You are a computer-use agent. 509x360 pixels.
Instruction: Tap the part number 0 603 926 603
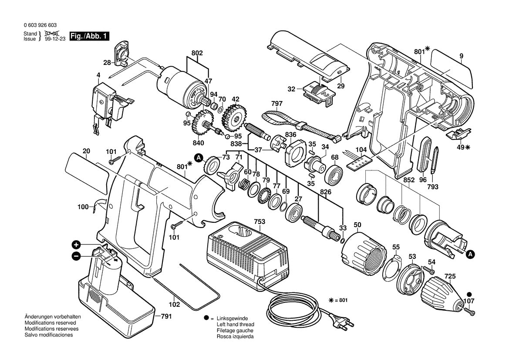coord(40,26)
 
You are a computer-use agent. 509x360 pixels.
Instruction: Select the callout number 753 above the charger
coord(260,222)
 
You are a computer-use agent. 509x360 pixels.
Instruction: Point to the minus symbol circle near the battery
coord(76,256)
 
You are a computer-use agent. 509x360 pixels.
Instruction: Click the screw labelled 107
coord(469,311)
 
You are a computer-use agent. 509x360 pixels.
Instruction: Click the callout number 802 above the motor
coord(197,53)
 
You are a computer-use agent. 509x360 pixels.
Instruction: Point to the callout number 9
coord(461,56)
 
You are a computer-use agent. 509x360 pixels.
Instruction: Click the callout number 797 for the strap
coord(276,104)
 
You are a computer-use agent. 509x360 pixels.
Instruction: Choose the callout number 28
coord(107,63)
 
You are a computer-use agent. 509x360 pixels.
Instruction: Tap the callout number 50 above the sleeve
coord(357,225)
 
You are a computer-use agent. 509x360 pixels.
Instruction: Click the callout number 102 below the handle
coord(174,305)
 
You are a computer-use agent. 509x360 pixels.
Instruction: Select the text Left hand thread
coord(235,325)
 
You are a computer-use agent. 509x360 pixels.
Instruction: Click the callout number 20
coord(87,151)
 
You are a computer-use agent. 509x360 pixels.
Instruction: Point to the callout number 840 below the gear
coord(199,143)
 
